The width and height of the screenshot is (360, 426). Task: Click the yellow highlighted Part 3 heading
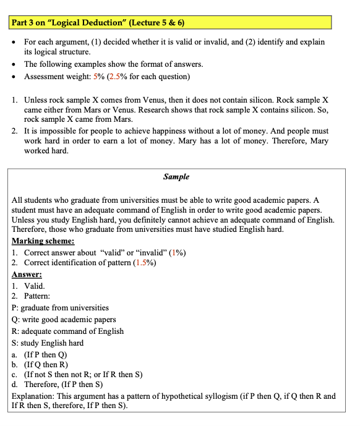(x=99, y=23)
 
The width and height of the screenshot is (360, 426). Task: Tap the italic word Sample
(x=176, y=177)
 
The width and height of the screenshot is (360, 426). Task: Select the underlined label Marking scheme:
(x=43, y=241)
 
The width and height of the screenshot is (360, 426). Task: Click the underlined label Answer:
(x=27, y=275)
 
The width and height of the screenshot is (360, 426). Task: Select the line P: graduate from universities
(x=60, y=308)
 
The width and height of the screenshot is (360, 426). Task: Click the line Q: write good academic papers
(x=64, y=320)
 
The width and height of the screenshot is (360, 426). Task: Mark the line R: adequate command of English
(x=67, y=331)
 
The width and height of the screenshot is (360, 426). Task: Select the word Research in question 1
(x=164, y=109)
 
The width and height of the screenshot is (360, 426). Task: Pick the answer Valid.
(x=34, y=286)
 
